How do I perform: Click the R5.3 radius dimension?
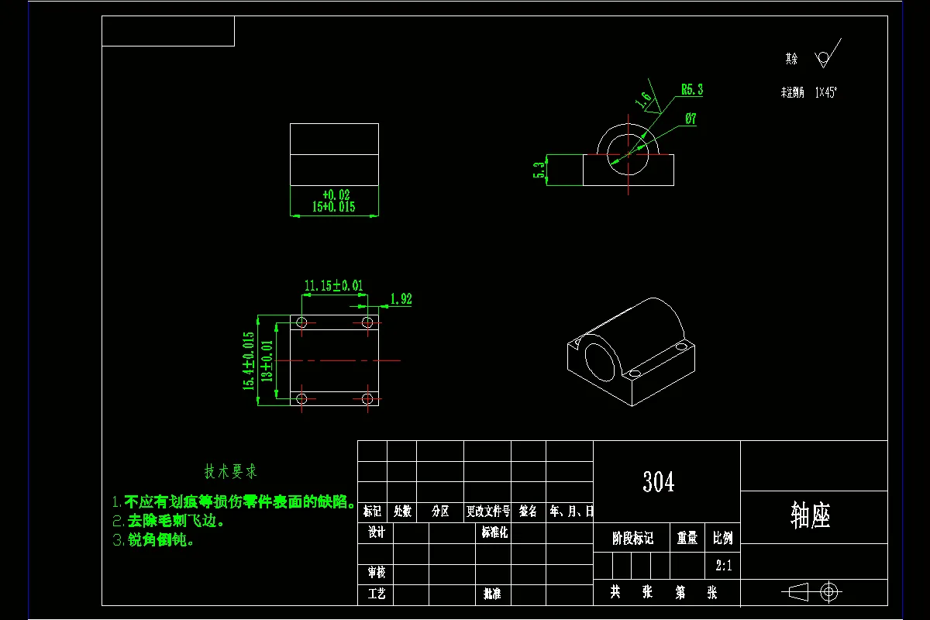pyautogui.click(x=692, y=90)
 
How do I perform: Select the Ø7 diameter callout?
pyautogui.click(x=691, y=119)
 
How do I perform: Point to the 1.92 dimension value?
pyautogui.click(x=401, y=299)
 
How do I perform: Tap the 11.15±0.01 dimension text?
pyautogui.click(x=333, y=285)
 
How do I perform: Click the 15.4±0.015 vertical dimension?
pyautogui.click(x=249, y=360)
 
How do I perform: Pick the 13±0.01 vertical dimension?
pyautogui.click(x=267, y=360)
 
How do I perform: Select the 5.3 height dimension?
pyautogui.click(x=538, y=170)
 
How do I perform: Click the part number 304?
pyautogui.click(x=658, y=482)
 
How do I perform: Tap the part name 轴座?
pyautogui.click(x=811, y=515)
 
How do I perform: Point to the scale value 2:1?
pyautogui.click(x=723, y=565)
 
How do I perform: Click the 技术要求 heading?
pyautogui.click(x=230, y=471)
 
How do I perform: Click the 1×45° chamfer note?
pyautogui.click(x=826, y=92)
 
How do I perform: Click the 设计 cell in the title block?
pyautogui.click(x=376, y=532)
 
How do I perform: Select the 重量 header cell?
pyautogui.click(x=687, y=538)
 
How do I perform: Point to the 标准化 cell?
pyautogui.click(x=494, y=532)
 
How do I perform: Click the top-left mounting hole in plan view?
pyautogui.click(x=301, y=322)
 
